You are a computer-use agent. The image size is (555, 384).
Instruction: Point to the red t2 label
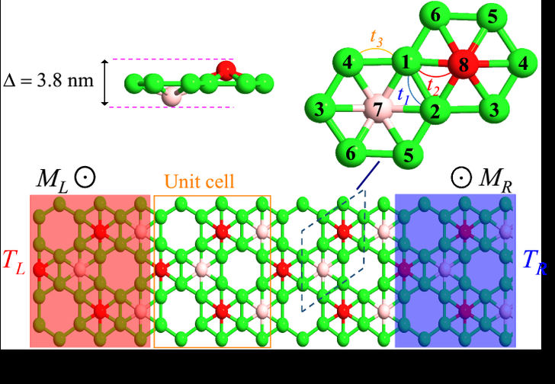click(433, 84)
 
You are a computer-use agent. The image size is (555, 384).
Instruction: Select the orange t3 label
click(376, 37)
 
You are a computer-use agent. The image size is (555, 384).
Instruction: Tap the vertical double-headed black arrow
click(105, 82)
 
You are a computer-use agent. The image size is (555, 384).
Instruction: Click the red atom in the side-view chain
click(226, 70)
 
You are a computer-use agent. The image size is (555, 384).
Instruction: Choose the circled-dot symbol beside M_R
click(460, 180)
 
